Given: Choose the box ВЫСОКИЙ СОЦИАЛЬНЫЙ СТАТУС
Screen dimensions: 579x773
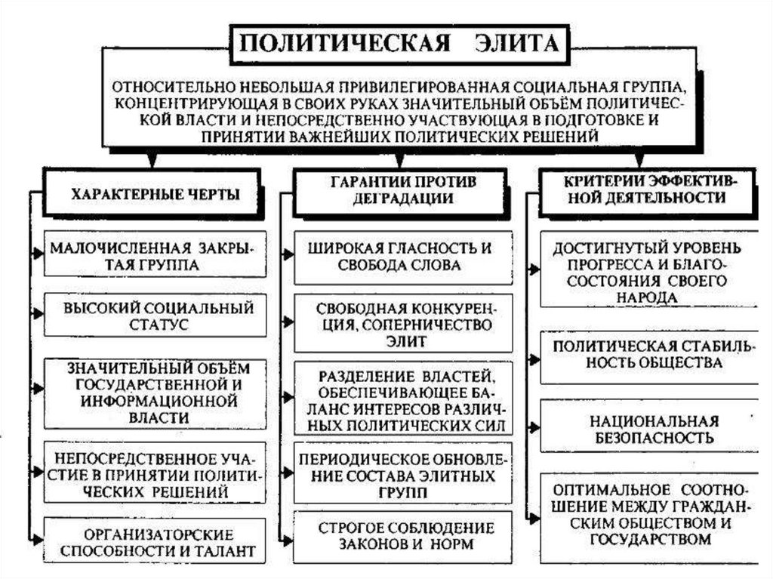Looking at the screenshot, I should [155, 316].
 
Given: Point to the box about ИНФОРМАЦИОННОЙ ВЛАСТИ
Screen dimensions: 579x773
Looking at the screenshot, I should [155, 392].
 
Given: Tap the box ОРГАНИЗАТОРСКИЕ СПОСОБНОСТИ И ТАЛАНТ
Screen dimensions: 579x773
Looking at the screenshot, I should [155, 541].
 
